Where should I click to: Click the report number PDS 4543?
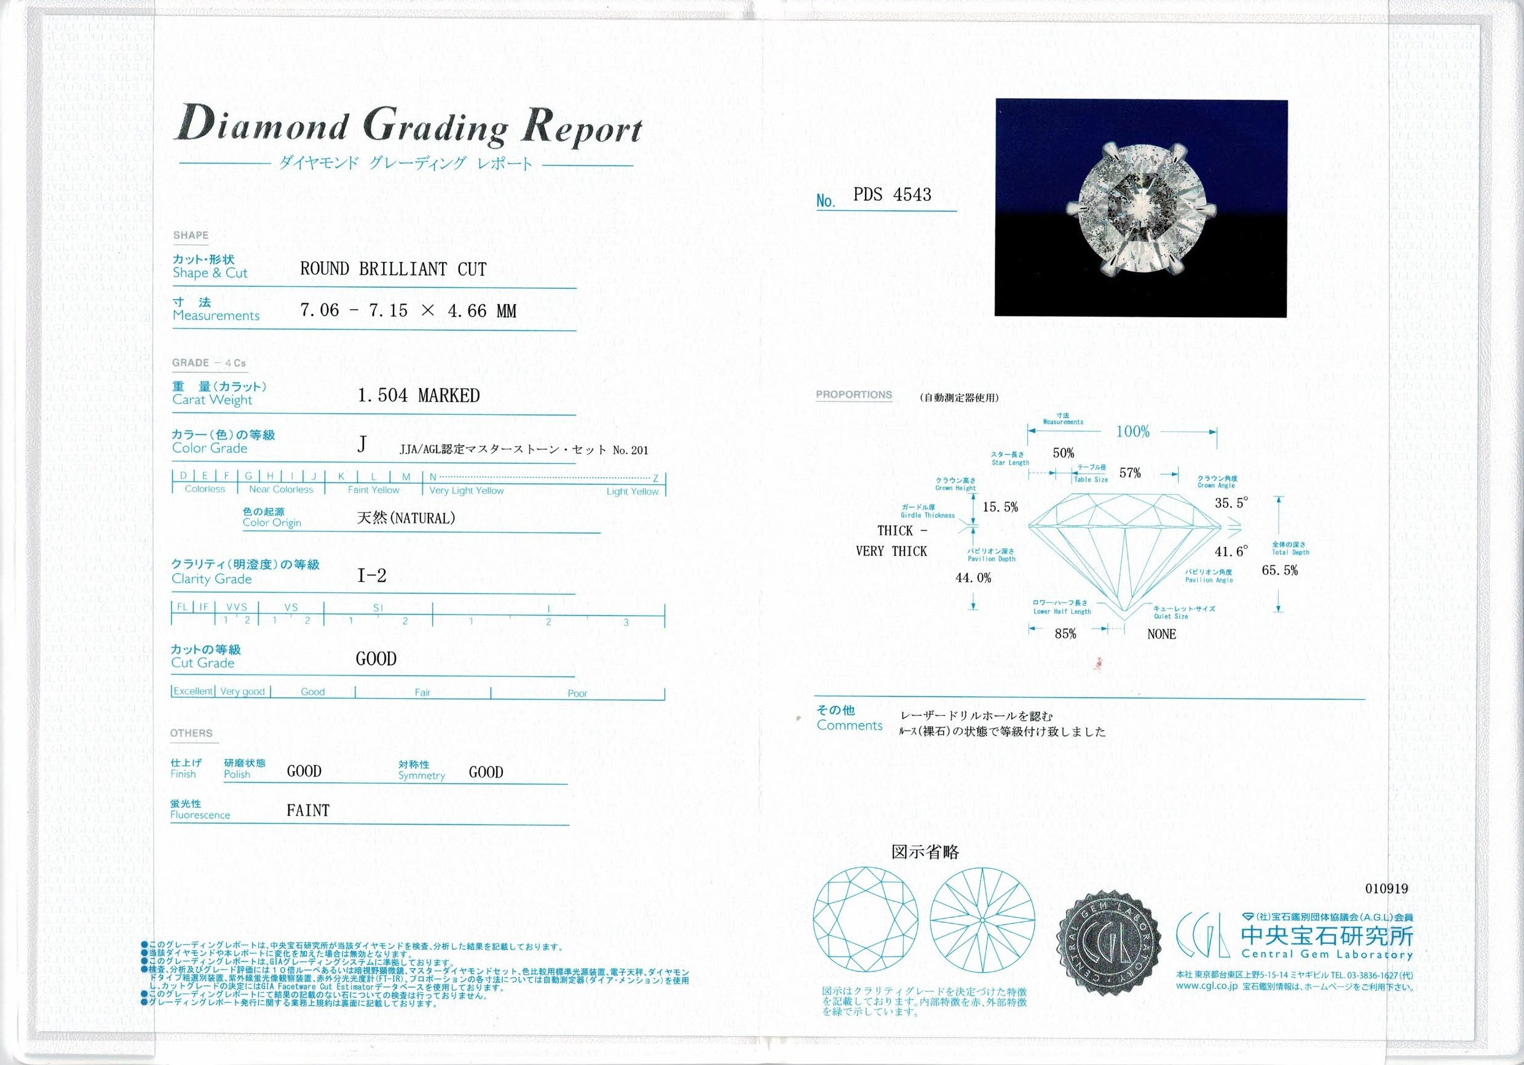(891, 194)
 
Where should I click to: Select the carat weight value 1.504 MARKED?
(418, 396)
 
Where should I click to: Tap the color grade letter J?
(361, 444)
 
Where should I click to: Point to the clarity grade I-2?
(372, 576)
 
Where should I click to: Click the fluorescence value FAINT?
(308, 810)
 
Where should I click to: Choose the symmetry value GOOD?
(486, 772)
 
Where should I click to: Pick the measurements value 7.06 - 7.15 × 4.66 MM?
(408, 310)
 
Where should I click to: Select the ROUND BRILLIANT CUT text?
(393, 269)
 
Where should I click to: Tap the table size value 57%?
(1130, 473)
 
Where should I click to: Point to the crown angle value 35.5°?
(1231, 503)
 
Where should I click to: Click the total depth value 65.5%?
(1280, 570)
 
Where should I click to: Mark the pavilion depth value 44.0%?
(973, 578)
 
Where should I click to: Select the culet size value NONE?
(1161, 634)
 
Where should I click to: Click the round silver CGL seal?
(1108, 943)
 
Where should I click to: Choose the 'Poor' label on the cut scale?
(577, 693)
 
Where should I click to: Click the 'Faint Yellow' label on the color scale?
(373, 490)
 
